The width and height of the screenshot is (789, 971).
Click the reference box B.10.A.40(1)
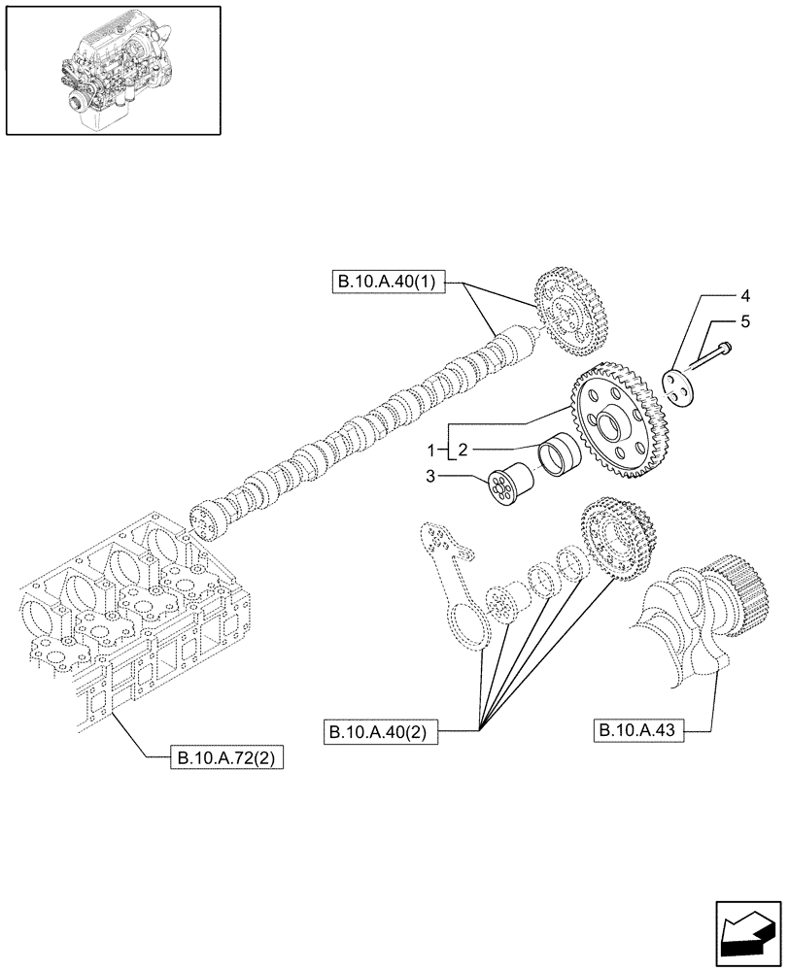(386, 283)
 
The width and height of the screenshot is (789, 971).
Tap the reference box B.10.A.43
(638, 731)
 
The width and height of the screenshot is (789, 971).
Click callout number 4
(744, 294)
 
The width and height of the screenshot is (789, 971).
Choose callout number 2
(463, 450)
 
